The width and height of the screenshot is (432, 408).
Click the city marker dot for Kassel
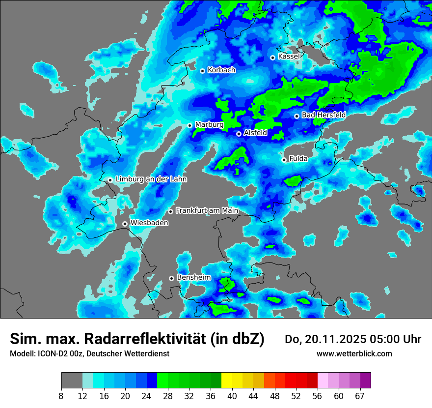pyautogui.click(x=272, y=58)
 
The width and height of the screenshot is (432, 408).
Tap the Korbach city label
pyautogui.click(x=221, y=70)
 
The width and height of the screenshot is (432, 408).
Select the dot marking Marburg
pyautogui.click(x=189, y=125)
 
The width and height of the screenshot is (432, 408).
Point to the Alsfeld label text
pyautogui.click(x=255, y=133)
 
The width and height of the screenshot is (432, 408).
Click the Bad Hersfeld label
pyautogui.click(x=324, y=115)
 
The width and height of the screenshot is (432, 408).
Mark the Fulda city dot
pyautogui.click(x=284, y=160)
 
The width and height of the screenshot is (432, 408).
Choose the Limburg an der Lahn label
pyautogui.click(x=151, y=179)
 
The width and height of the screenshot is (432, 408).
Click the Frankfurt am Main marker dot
pyautogui.click(x=170, y=211)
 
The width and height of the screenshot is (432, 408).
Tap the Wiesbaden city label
pyautogui.click(x=149, y=223)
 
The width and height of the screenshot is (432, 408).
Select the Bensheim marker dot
pyautogui.click(x=171, y=278)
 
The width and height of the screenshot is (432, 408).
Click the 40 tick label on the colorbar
pyautogui.click(x=233, y=396)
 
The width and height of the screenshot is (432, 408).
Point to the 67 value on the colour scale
pyautogui.click(x=360, y=396)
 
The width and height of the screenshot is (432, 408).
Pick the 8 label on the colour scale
pyautogui.click(x=61, y=396)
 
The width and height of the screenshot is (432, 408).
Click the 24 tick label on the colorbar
pyautogui.click(x=147, y=396)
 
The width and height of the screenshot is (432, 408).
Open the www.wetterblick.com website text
pyautogui.click(x=354, y=353)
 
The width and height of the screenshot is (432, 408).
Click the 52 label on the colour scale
pyautogui.click(x=296, y=396)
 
